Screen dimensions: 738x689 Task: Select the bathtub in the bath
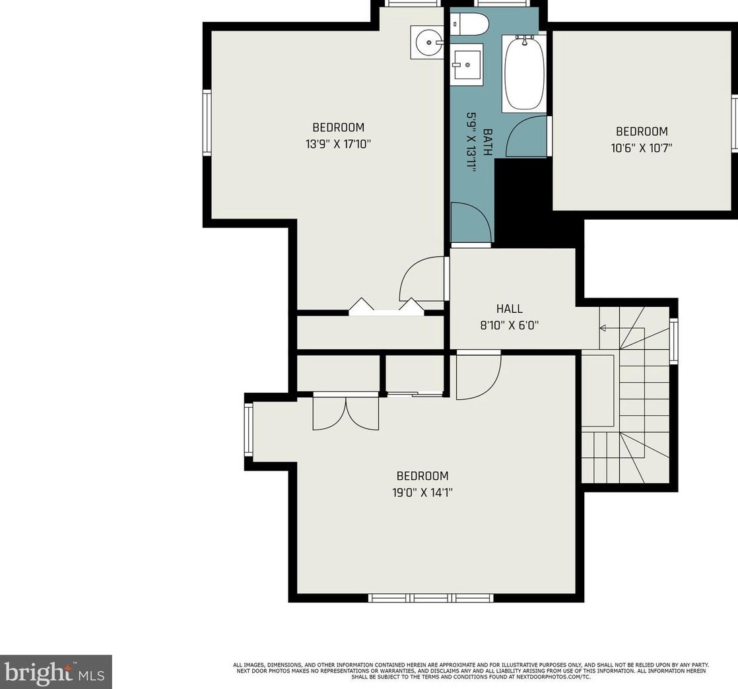coord(524,73)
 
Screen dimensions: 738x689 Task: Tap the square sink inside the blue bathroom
coord(467,65)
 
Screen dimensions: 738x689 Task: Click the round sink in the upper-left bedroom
coord(427,42)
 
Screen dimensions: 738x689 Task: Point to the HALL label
coord(509,309)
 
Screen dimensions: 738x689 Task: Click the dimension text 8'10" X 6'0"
coord(509,325)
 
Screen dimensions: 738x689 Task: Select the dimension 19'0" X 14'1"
coord(422,493)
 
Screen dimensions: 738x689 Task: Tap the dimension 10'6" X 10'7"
coord(642,148)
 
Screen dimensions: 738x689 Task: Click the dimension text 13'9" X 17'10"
coord(339,144)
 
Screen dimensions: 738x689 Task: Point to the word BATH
coord(488,142)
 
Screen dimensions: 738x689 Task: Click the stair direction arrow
coord(611,328)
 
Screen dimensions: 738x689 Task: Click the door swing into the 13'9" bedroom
coord(421,278)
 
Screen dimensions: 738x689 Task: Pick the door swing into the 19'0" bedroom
coord(479,376)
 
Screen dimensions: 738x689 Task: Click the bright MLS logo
coord(55,672)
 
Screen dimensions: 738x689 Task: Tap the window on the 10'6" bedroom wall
coord(734,123)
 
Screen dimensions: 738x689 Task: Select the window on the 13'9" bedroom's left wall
coord(207,122)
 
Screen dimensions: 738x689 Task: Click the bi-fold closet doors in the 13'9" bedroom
coord(386,306)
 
